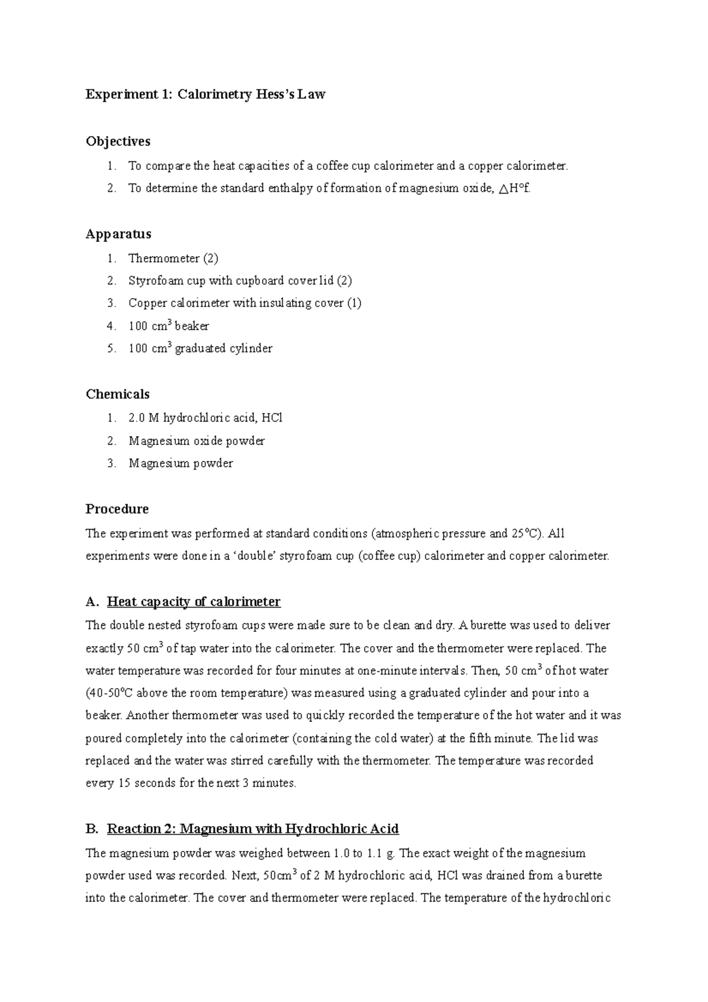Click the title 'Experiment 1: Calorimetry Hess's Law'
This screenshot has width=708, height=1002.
[205, 94]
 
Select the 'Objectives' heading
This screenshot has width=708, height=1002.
[118, 142]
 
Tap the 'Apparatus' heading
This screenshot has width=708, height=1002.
[119, 234]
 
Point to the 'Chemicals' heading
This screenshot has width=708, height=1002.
[117, 394]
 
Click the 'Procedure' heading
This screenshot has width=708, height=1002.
[117, 509]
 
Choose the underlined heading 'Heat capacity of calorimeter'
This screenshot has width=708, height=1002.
[194, 602]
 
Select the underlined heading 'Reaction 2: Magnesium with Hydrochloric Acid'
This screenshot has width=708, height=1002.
[253, 829]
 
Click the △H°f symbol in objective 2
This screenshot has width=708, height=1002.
[514, 189]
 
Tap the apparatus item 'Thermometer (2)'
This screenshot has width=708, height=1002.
[173, 258]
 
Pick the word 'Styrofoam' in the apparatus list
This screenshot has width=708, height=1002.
[155, 281]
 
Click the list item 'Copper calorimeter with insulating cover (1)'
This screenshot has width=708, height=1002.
[245, 303]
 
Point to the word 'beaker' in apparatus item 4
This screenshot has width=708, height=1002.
[192, 326]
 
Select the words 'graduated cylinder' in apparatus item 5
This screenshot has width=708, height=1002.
[224, 349]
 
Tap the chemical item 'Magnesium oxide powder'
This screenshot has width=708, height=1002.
[196, 441]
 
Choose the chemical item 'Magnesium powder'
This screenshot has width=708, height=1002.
[181, 464]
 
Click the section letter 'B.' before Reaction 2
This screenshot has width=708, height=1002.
[92, 829]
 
